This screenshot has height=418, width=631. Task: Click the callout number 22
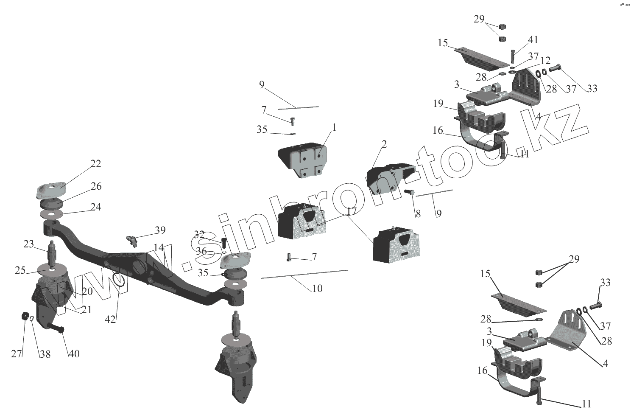tap(95, 164)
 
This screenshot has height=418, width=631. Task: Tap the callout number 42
tap(110, 320)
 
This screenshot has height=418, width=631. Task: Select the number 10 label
tap(317, 289)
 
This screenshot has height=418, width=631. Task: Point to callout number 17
tap(352, 211)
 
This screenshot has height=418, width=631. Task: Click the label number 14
tap(158, 248)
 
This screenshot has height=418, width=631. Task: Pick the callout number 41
tap(533, 40)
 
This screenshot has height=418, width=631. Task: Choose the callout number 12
tap(545, 61)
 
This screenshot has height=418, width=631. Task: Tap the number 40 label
tap(74, 353)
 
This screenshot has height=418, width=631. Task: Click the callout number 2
tap(384, 144)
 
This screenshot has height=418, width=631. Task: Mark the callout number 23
tap(28, 244)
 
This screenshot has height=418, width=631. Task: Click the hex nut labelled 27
tap(25, 316)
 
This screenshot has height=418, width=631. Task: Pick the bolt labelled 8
tap(410, 193)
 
